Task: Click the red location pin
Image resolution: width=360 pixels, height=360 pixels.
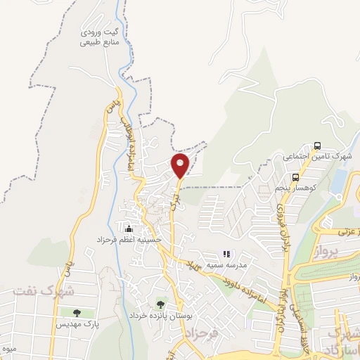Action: point(181,165)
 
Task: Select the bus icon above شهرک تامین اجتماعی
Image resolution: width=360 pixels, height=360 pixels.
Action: point(318,146)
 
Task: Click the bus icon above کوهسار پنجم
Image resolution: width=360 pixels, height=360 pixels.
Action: point(296,177)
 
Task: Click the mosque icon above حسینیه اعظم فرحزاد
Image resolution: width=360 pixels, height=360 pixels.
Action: point(129,229)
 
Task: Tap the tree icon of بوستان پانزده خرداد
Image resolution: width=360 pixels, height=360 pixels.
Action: point(162,304)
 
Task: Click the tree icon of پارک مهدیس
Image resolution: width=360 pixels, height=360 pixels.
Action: point(77,313)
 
